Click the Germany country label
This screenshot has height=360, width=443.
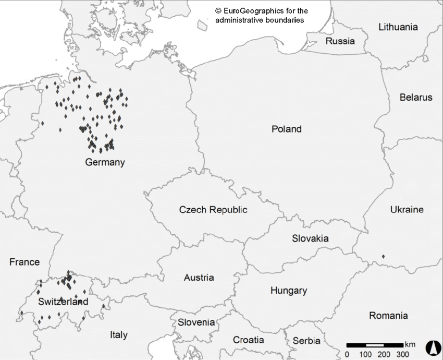[105, 162]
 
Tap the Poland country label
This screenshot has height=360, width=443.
[286, 129]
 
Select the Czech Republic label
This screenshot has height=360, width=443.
[213, 210]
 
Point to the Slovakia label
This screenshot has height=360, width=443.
[310, 238]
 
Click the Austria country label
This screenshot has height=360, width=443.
[199, 278]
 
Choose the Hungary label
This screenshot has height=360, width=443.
[288, 291]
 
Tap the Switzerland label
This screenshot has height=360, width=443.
[63, 302]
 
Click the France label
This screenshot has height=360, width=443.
[24, 262]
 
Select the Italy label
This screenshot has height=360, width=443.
[118, 335]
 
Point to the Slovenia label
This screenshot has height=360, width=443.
[196, 322]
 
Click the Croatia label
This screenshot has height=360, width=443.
[248, 340]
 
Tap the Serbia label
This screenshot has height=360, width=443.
[306, 341]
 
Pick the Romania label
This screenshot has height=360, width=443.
[388, 316]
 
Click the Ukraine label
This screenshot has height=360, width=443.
[407, 210]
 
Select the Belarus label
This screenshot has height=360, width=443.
[416, 98]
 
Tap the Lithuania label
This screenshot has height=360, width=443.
[398, 27]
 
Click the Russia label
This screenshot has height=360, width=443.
[340, 41]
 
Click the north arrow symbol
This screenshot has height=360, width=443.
[431, 346]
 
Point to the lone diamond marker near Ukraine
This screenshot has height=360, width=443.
[383, 256]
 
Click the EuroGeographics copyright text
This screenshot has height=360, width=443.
[261, 15]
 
